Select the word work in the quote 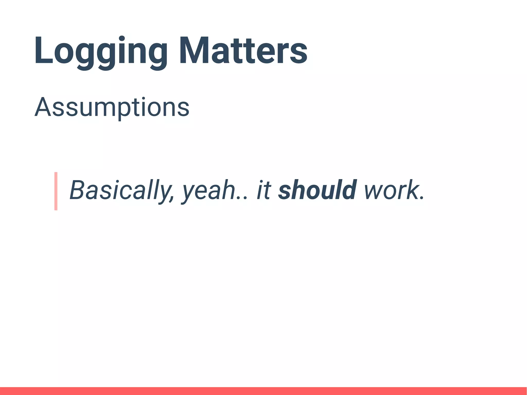390,190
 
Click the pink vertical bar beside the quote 56,191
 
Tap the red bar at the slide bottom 263,391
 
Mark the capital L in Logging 43,51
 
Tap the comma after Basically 172,198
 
